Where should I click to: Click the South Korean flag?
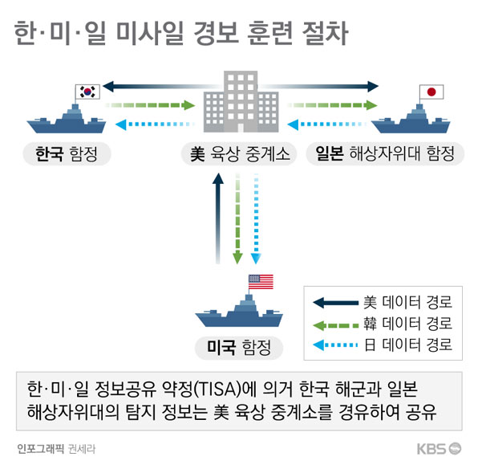point(87,92)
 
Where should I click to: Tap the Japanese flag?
point(431,92)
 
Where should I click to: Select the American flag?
point(261,282)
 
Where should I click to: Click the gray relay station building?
point(241,101)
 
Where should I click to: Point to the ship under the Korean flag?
point(67,120)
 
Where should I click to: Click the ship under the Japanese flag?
point(411,120)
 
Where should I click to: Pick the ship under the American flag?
point(239,312)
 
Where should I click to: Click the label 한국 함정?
point(67,153)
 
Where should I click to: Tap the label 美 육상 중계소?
point(240,153)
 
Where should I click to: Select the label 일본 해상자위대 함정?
point(385,153)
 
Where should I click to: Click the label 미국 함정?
point(239,348)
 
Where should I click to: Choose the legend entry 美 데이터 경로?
point(383,302)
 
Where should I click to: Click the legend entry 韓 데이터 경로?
point(383,324)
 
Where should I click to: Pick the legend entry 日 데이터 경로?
point(383,345)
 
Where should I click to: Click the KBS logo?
point(439,449)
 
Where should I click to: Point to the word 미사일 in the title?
point(150,34)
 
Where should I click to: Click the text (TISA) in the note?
point(217,389)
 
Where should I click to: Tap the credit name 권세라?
point(82,449)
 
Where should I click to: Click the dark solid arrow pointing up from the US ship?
point(218,218)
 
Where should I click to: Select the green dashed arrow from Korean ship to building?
point(150,105)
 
